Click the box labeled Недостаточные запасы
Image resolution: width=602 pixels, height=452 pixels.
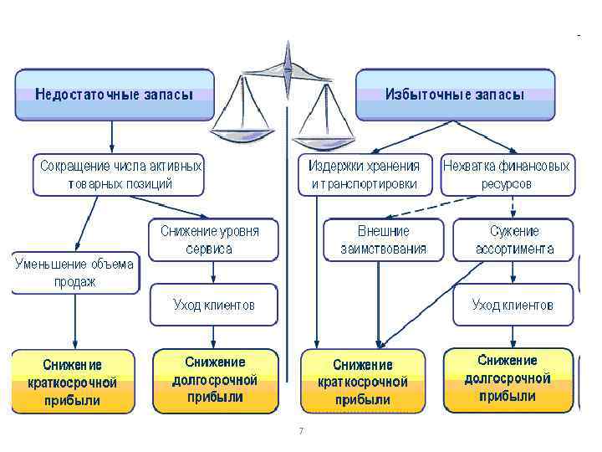click(x=114, y=94)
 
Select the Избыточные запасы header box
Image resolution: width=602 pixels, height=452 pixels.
click(x=455, y=94)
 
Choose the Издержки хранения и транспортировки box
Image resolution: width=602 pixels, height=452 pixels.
click(x=365, y=174)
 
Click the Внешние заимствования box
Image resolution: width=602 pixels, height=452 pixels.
click(x=383, y=239)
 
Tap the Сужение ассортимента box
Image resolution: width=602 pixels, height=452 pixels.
click(x=513, y=239)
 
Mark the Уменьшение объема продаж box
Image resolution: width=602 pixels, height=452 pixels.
click(x=74, y=273)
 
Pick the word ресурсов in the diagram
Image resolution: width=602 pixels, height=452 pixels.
click(x=506, y=184)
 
